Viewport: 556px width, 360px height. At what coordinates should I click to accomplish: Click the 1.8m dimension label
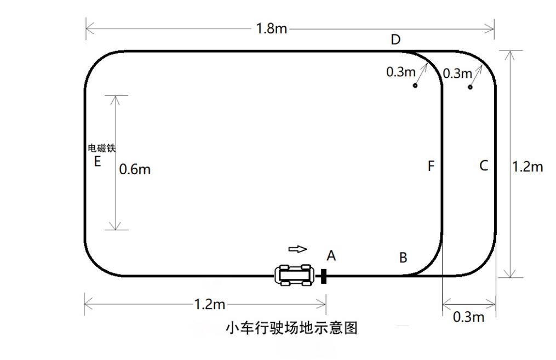[x=271, y=28]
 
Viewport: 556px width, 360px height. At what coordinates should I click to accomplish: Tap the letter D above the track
[x=395, y=39]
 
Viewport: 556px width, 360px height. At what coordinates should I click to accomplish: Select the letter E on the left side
[x=98, y=162]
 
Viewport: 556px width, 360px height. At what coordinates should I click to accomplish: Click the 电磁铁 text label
[x=102, y=148]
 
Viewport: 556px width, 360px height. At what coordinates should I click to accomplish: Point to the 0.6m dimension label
[x=135, y=169]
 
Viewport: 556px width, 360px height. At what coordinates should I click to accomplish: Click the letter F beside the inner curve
[x=431, y=166]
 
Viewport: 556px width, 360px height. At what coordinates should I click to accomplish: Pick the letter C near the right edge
[x=483, y=165]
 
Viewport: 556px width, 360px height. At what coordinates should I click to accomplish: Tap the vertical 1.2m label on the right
[x=527, y=167]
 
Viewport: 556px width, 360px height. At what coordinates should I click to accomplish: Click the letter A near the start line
[x=331, y=255]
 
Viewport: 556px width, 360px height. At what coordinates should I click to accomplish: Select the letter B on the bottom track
[x=403, y=258]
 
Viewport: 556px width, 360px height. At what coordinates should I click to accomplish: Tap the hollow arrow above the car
[x=297, y=249]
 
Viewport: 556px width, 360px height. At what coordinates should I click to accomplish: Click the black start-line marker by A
[x=324, y=276]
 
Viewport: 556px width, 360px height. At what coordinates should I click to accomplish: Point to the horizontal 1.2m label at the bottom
[x=210, y=304]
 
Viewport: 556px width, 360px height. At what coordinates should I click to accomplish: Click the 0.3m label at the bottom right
[x=469, y=317]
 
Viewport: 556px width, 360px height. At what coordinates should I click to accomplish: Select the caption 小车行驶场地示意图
[x=291, y=328]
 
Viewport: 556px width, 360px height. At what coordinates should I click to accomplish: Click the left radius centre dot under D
[x=415, y=86]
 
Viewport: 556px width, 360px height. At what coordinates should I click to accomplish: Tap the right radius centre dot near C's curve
[x=470, y=87]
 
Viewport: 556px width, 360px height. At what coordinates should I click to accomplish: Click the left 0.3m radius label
[x=401, y=72]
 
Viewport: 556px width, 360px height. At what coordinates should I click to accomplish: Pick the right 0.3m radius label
[x=457, y=73]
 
